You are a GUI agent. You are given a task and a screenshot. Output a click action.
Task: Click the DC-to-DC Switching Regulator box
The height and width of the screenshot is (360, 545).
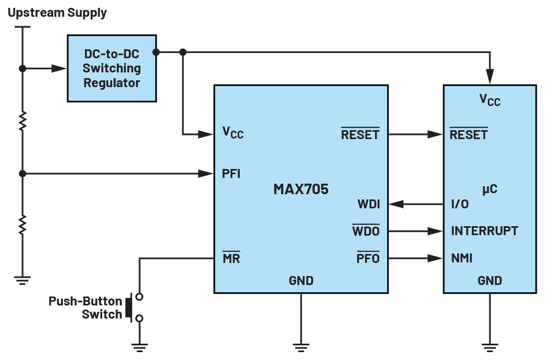click(112, 68)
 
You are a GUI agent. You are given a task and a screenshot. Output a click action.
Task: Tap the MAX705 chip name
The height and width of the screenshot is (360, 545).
click(301, 189)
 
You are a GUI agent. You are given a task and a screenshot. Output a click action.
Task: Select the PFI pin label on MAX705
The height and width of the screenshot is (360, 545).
click(231, 174)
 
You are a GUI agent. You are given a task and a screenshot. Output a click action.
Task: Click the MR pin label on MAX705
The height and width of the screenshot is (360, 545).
click(231, 258)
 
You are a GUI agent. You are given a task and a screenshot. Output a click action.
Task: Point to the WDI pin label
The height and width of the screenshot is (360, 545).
click(369, 204)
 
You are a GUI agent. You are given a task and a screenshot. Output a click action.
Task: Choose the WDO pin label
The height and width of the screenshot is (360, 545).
click(366, 231)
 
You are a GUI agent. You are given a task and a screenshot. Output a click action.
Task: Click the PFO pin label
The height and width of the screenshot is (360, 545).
click(368, 258)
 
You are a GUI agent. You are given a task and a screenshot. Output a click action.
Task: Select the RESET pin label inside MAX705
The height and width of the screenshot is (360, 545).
click(360, 134)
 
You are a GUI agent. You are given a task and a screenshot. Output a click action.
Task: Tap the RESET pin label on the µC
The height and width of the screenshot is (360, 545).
click(468, 134)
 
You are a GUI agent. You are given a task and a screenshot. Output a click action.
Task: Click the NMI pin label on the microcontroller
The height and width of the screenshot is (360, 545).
click(462, 258)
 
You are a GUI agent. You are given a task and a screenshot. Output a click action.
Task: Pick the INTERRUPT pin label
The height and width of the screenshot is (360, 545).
click(484, 231)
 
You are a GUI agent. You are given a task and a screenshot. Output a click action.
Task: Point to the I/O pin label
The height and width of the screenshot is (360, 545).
click(460, 204)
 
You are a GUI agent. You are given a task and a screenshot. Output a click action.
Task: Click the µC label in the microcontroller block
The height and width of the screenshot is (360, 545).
click(489, 189)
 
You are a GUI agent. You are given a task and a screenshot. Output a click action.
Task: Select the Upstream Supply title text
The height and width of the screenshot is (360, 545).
click(57, 13)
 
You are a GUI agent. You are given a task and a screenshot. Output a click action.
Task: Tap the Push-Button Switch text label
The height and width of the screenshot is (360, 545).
click(85, 308)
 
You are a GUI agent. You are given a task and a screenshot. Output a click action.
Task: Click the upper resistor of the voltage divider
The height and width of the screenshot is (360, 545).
click(23, 121)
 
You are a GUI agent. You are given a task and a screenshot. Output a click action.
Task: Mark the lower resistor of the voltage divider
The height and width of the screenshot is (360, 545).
click(23, 225)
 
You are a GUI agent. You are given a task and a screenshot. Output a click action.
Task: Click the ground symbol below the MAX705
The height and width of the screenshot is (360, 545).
click(301, 346)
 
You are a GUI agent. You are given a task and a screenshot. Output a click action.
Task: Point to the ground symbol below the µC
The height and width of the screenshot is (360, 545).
click(489, 346)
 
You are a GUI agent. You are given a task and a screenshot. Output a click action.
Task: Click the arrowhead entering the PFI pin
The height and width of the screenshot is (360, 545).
click(206, 174)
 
